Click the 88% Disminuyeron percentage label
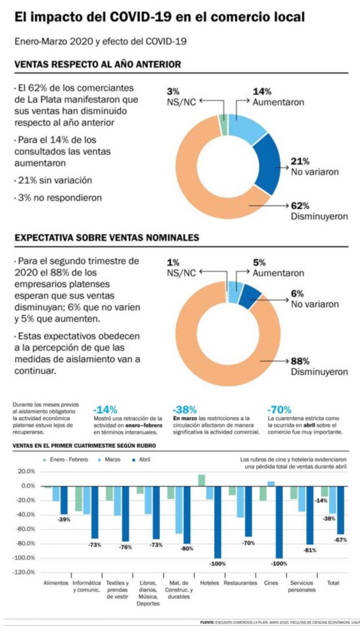point(300,361)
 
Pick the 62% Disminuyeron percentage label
point(300,206)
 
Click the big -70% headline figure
point(279,409)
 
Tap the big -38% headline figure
point(184,409)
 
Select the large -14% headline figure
point(105,409)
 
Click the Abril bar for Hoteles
point(217,522)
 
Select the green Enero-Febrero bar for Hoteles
point(201,480)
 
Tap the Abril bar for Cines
point(279,522)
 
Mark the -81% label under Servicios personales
point(310,550)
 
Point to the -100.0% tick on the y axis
point(26,558)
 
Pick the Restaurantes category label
point(240,583)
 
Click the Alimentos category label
point(56,583)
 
